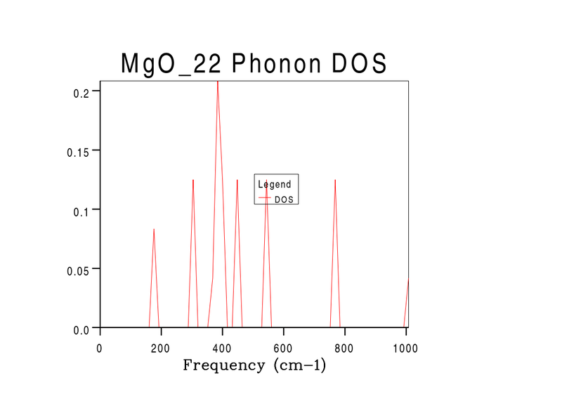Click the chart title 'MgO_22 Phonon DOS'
[254, 63]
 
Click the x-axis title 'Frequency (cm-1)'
[254, 365]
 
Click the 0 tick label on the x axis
[100, 348]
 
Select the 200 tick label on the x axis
[161, 348]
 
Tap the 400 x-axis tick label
[222, 348]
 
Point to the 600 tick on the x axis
[283, 348]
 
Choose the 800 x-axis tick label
[344, 348]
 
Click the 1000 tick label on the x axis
[405, 348]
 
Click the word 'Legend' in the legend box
[275, 184]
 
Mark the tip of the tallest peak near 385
[218, 82]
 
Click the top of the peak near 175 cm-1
[154, 229]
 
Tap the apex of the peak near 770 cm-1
[335, 180]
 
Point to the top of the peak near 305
[193, 180]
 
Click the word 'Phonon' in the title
[268, 63]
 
